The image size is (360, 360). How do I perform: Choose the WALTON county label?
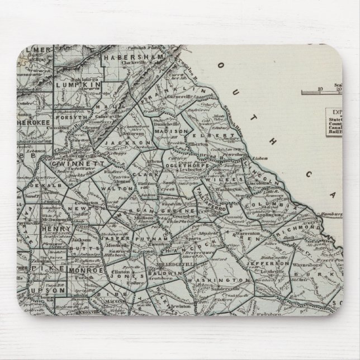click(126, 190)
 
